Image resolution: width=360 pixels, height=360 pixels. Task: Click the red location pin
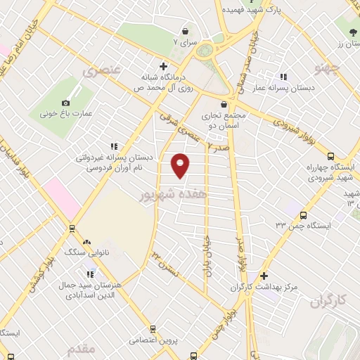point(181,165)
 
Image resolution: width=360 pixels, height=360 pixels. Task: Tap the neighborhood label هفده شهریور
point(174,193)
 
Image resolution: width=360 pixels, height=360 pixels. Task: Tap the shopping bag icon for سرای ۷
point(186,31)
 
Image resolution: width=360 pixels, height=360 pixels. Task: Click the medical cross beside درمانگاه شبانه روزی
point(163,66)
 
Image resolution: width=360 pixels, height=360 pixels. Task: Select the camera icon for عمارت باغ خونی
point(66,103)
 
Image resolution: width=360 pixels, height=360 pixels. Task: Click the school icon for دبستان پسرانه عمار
point(283,77)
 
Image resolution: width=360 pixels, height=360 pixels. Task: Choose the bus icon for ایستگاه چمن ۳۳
point(303,216)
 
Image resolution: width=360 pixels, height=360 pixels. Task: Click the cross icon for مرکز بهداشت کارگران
point(264,276)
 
